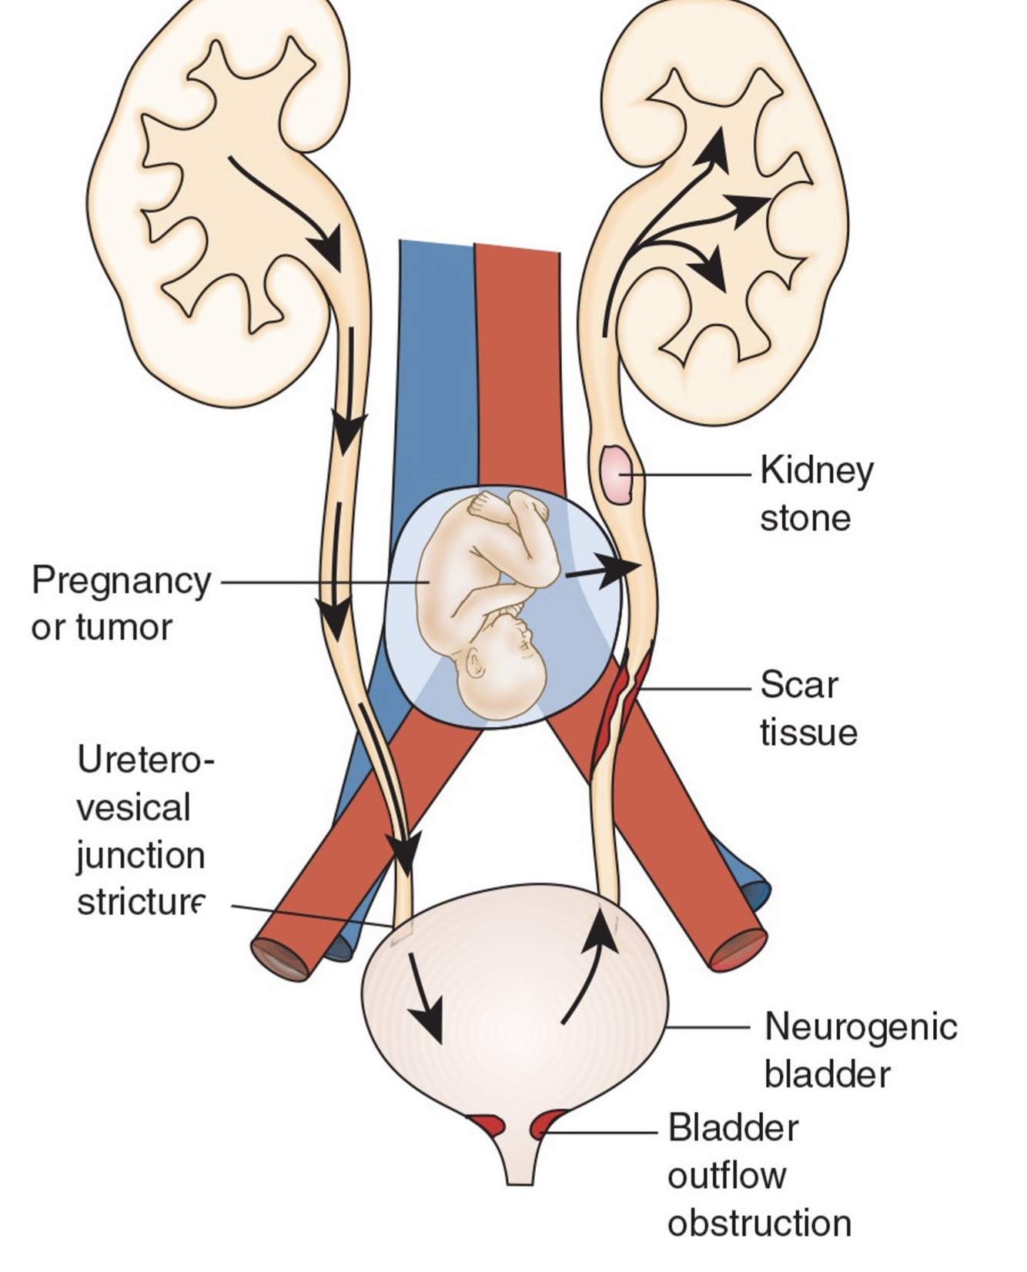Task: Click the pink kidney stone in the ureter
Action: point(617,475)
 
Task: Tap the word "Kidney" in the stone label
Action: point(816,470)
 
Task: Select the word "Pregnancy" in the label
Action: point(121,581)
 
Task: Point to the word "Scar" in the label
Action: point(798,684)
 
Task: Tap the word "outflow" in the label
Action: point(726,1175)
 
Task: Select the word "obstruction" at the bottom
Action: point(759,1223)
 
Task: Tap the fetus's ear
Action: point(474,663)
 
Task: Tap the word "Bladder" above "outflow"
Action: point(732,1128)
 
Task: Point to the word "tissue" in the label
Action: point(808,731)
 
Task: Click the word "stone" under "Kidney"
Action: point(805,518)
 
